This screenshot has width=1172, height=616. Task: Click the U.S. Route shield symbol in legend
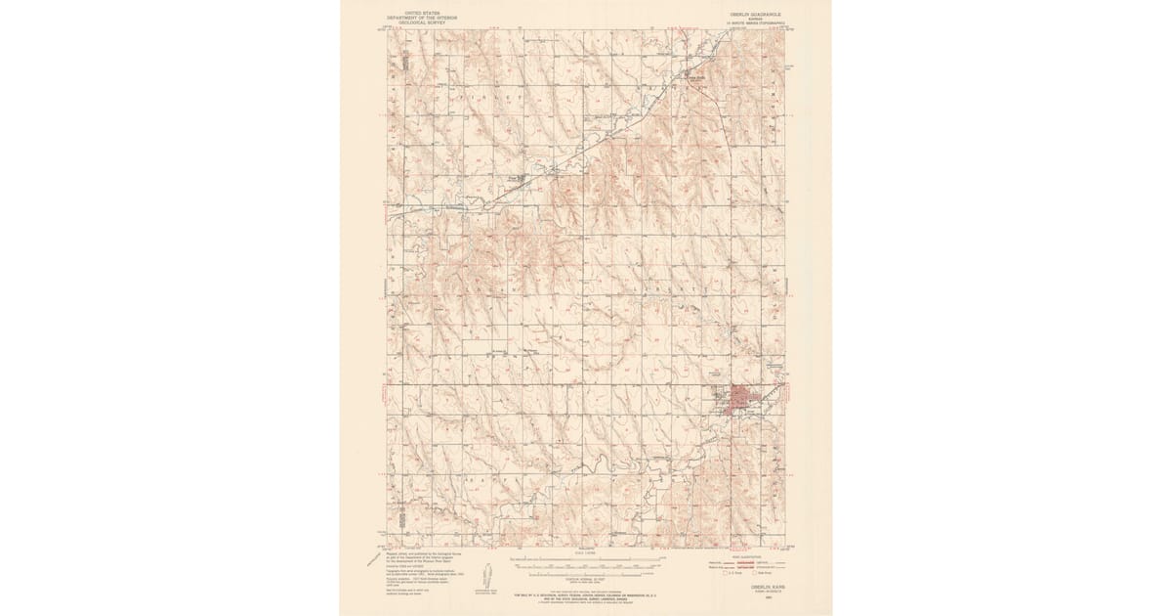click(725, 574)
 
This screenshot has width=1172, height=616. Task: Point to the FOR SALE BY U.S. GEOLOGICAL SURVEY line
click(586, 593)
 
